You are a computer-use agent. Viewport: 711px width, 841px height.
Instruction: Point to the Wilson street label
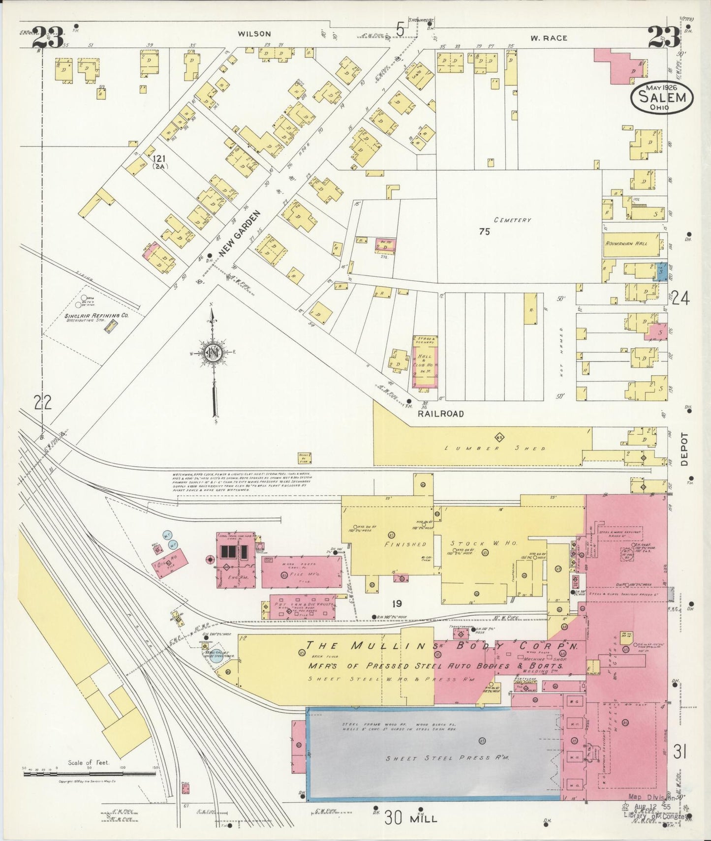click(x=254, y=34)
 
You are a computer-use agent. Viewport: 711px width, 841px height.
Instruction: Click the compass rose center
click(x=213, y=353)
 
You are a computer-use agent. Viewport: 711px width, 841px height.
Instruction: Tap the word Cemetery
click(x=513, y=220)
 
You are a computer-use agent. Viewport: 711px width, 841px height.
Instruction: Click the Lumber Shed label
click(x=495, y=448)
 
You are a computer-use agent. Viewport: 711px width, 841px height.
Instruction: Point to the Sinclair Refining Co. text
click(x=96, y=316)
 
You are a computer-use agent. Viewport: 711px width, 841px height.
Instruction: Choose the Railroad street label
click(x=440, y=414)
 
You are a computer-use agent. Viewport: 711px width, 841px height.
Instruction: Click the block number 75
click(x=484, y=231)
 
